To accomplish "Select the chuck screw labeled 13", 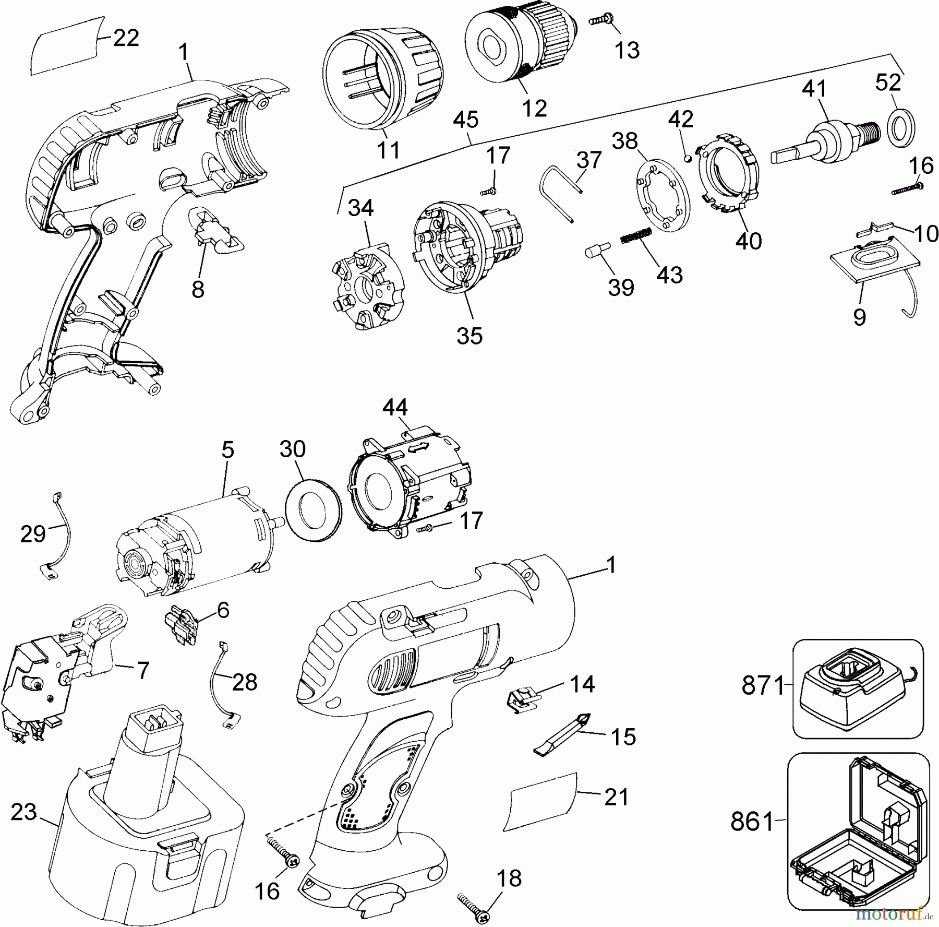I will (601, 21).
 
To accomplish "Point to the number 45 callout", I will (465, 121).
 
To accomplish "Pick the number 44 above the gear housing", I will (395, 408).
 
